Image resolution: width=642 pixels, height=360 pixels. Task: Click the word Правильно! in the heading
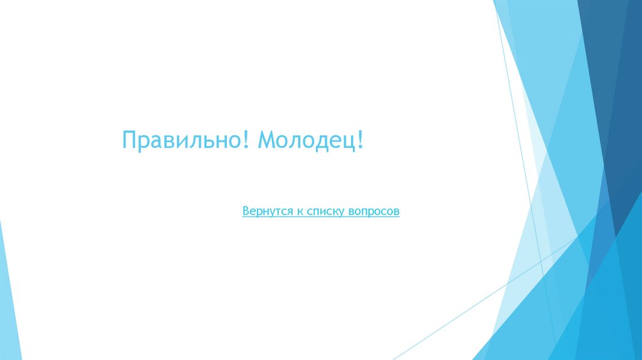click(x=186, y=140)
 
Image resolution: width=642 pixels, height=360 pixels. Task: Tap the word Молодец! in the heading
click(x=310, y=140)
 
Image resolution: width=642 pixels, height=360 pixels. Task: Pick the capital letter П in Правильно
click(x=129, y=140)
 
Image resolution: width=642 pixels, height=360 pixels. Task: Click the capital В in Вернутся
click(x=246, y=212)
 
